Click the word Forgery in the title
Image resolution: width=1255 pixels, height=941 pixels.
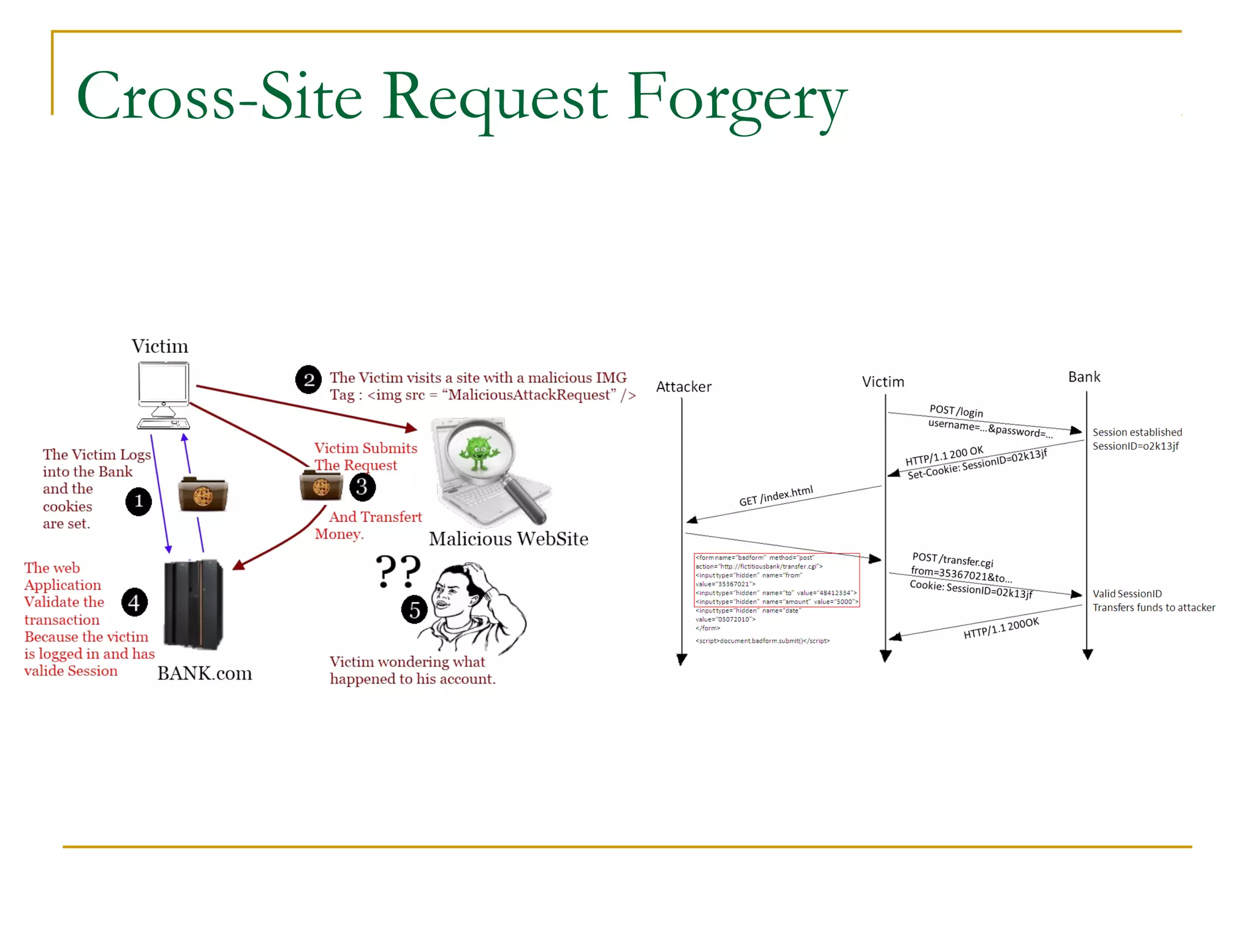pyautogui.click(x=735, y=98)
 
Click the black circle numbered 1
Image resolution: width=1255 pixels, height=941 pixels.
pyautogui.click(x=138, y=501)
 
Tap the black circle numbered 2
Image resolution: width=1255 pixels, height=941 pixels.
pyautogui.click(x=308, y=380)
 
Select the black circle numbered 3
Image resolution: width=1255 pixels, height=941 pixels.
pyautogui.click(x=362, y=487)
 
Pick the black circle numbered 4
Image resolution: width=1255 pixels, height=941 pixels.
pyautogui.click(x=134, y=602)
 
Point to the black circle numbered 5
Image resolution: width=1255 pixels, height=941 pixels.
pyautogui.click(x=414, y=610)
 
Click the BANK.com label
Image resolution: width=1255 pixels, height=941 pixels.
pyautogui.click(x=204, y=673)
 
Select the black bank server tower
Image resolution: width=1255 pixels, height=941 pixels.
pyautogui.click(x=193, y=603)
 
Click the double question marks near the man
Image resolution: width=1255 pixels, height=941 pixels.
pyautogui.click(x=398, y=570)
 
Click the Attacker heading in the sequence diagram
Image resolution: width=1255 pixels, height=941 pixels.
pyautogui.click(x=683, y=387)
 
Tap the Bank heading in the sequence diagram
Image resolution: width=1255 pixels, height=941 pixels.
pyautogui.click(x=1083, y=377)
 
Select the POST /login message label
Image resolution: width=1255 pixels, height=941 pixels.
pyautogui.click(x=956, y=410)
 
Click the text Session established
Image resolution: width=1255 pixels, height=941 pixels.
pyautogui.click(x=1137, y=432)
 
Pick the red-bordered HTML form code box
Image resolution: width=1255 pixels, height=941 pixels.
pyautogui.click(x=776, y=580)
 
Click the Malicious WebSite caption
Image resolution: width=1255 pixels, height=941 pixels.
pyautogui.click(x=508, y=539)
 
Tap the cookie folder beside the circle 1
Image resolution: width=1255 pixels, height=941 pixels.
pyautogui.click(x=203, y=494)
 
